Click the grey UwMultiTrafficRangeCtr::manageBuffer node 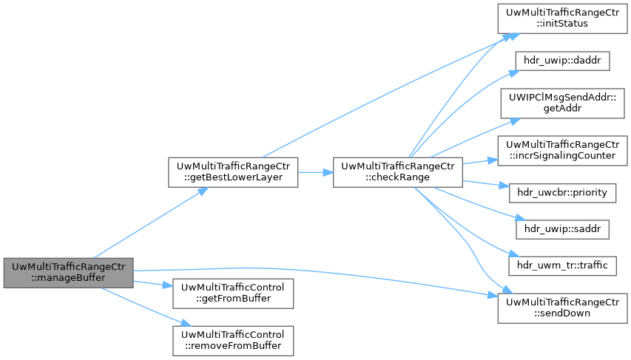pos(67,272)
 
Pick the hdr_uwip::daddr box pos(560,61)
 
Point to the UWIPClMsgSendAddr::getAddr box pos(560,102)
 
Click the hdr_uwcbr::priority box pos(560,192)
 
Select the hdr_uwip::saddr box pos(560,228)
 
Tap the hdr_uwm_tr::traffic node pos(560,265)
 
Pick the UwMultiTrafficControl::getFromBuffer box pos(233,293)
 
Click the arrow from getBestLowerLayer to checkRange pos(315,171)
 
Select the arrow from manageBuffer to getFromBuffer pos(152,283)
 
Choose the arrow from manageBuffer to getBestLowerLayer pos(148,218)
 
